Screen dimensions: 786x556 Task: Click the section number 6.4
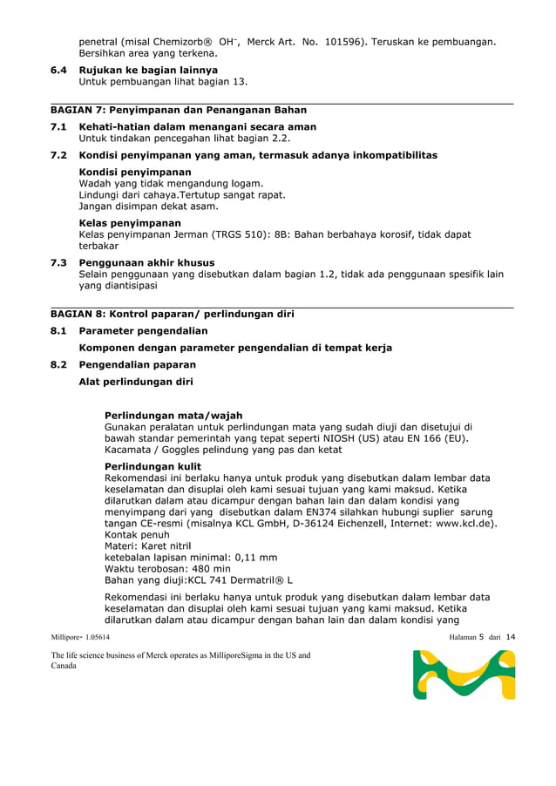(59, 70)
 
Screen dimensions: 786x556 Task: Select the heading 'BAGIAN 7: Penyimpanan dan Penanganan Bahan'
(178, 111)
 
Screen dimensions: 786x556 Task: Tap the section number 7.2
(59, 155)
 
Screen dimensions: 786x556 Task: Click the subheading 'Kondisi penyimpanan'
(135, 173)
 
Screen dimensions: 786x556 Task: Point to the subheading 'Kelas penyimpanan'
(130, 223)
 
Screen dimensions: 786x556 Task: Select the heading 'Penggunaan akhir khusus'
(147, 262)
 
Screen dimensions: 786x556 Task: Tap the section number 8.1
(59, 331)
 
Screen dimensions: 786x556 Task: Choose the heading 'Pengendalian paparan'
(137, 365)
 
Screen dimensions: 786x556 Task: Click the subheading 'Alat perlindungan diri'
(136, 382)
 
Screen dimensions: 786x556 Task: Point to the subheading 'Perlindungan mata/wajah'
(173, 416)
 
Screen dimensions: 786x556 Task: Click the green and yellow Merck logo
(464, 675)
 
